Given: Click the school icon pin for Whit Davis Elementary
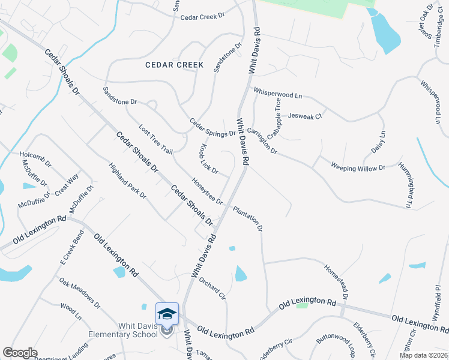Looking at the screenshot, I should click(x=167, y=314).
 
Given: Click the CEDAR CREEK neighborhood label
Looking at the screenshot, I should click(x=174, y=64).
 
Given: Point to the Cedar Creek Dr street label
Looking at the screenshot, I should click(x=206, y=17).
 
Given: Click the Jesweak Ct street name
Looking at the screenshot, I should click(x=306, y=116).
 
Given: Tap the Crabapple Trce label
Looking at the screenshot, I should click(x=275, y=119).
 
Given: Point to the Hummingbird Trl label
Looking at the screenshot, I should click(x=408, y=186).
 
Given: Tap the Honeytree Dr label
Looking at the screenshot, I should click(x=207, y=190).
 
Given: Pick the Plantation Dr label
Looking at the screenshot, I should click(x=248, y=219).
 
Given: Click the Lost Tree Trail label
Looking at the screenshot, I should click(x=155, y=139).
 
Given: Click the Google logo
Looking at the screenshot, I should click(x=20, y=353).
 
